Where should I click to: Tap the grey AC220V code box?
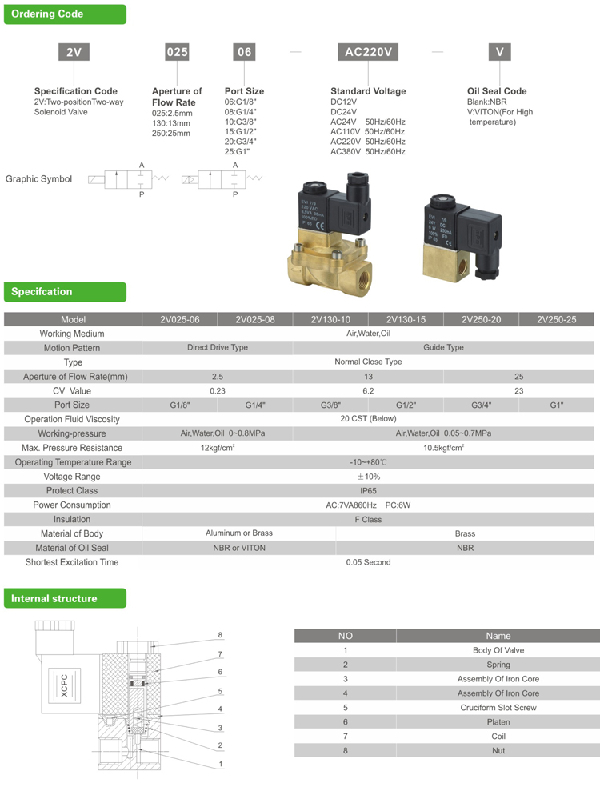(x=366, y=53)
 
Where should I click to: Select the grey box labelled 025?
(x=177, y=53)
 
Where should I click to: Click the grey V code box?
(x=499, y=53)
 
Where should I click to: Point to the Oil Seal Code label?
(x=497, y=91)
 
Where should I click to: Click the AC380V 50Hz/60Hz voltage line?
(x=368, y=151)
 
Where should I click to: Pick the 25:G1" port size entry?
(x=238, y=151)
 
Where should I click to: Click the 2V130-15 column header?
(x=406, y=319)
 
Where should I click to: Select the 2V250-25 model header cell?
(x=556, y=319)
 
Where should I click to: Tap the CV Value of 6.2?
(x=368, y=391)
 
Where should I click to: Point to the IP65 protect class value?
(x=368, y=490)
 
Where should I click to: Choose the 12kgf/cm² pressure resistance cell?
(x=218, y=448)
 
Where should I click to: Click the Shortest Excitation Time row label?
(x=72, y=562)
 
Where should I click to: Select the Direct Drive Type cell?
(x=218, y=348)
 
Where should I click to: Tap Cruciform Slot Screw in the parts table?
(x=498, y=708)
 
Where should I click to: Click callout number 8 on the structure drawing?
(x=220, y=636)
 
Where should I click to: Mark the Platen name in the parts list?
(x=498, y=722)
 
